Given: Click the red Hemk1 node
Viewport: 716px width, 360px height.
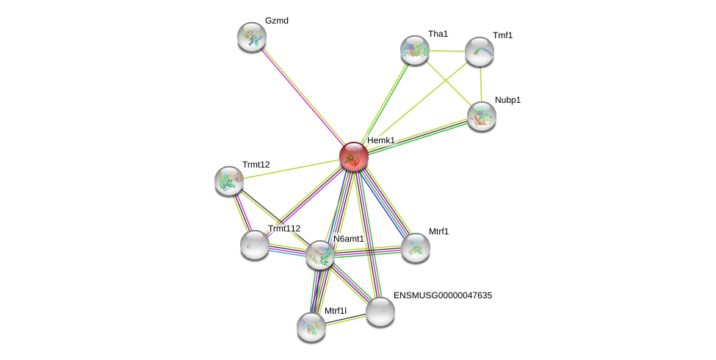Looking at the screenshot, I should [353, 156].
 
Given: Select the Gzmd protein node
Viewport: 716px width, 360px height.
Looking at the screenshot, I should [251, 37].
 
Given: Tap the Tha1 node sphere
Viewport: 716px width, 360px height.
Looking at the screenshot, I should [414, 50].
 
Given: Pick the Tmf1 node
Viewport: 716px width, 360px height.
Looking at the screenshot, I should [479, 51].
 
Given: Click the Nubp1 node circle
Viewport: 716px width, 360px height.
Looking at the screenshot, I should [481, 115].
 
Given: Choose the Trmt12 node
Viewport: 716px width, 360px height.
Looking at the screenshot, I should [228, 181].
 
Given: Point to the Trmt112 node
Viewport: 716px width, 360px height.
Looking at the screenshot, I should [254, 245].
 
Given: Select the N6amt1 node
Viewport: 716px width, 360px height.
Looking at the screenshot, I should [319, 255].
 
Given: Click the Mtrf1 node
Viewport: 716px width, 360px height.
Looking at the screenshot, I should [415, 248].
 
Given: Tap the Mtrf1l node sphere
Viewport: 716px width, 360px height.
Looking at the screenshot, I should [311, 327].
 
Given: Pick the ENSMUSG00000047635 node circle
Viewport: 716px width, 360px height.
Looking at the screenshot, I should [380, 312].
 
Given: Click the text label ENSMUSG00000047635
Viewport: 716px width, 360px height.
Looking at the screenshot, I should [442, 295].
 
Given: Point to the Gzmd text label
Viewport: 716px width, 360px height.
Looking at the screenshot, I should [276, 21].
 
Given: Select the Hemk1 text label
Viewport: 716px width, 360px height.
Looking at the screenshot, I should [380, 140].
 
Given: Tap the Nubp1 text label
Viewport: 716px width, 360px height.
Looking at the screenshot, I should [507, 100].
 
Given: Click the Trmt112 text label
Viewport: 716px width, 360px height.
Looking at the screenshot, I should [283, 228].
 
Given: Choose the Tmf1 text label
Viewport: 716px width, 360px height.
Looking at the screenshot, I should [502, 35].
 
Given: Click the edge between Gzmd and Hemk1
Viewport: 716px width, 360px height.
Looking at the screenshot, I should [302, 96].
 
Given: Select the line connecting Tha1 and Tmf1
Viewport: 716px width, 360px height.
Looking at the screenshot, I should [446, 51].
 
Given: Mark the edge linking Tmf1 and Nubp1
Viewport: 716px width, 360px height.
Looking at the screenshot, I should [480, 83].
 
